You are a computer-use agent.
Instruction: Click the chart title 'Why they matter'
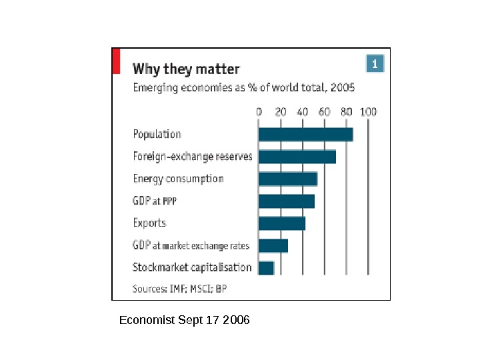(x=186, y=69)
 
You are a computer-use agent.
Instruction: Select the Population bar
(x=305, y=134)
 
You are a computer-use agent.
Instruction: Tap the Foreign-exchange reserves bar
(x=297, y=157)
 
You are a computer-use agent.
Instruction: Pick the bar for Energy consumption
(x=287, y=179)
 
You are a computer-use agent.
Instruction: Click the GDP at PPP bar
(x=286, y=201)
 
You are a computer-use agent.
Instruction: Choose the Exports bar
(x=281, y=223)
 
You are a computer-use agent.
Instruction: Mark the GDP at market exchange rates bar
(x=273, y=245)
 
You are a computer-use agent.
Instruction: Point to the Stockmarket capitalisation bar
(x=266, y=267)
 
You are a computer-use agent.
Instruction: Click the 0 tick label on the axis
(x=259, y=112)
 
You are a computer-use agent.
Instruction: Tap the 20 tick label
(x=281, y=112)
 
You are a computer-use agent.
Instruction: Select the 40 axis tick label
(x=303, y=112)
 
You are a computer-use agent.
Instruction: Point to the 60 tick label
(x=325, y=112)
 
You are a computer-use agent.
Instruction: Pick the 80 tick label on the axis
(x=347, y=112)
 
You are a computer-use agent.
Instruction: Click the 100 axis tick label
(x=369, y=112)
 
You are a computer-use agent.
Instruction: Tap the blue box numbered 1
(x=375, y=64)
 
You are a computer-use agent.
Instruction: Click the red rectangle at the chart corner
(x=116, y=61)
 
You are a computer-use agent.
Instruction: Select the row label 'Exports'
(x=149, y=223)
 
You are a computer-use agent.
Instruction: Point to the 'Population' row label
(x=157, y=134)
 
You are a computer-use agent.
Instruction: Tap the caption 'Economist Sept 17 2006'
(x=184, y=321)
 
